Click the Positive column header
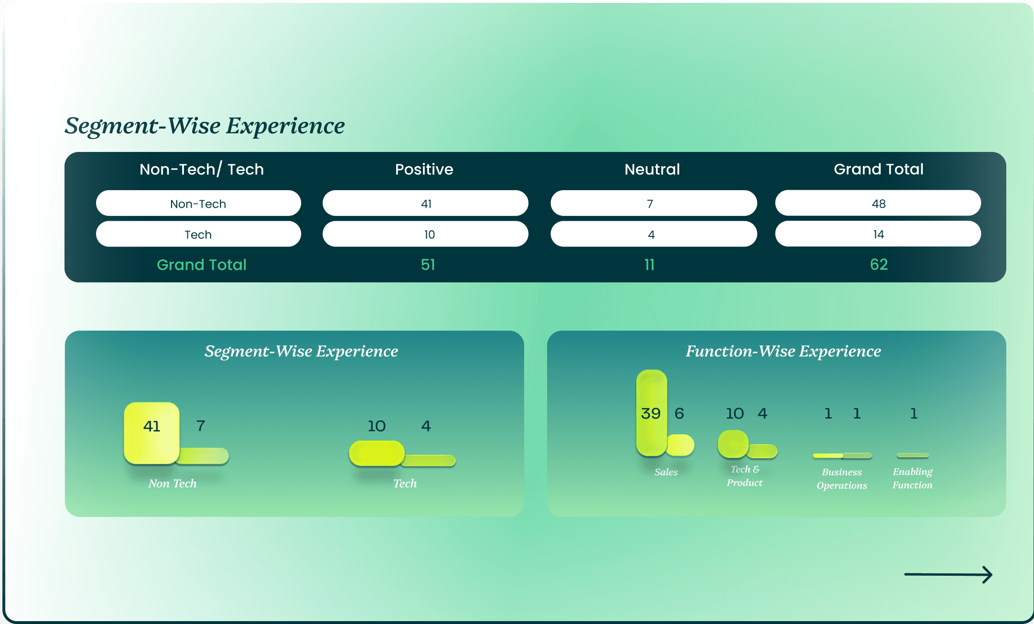point(424,169)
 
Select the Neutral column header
point(652,169)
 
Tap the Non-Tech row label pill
point(198,204)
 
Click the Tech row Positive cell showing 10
point(425,234)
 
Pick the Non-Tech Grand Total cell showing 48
point(878,204)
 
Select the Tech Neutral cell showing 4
point(653,234)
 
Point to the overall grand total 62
point(879,264)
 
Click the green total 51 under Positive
point(428,265)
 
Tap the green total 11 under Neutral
point(649,265)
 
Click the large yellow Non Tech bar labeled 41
point(151,433)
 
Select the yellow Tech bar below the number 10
point(377,453)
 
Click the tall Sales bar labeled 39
point(651,413)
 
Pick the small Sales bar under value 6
point(680,445)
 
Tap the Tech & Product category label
point(744,476)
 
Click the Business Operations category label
point(841,478)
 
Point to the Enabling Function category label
point(912,478)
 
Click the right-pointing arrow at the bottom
point(948,574)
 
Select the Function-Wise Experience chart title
point(783,351)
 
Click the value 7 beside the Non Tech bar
point(201,425)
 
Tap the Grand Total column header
point(878,169)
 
